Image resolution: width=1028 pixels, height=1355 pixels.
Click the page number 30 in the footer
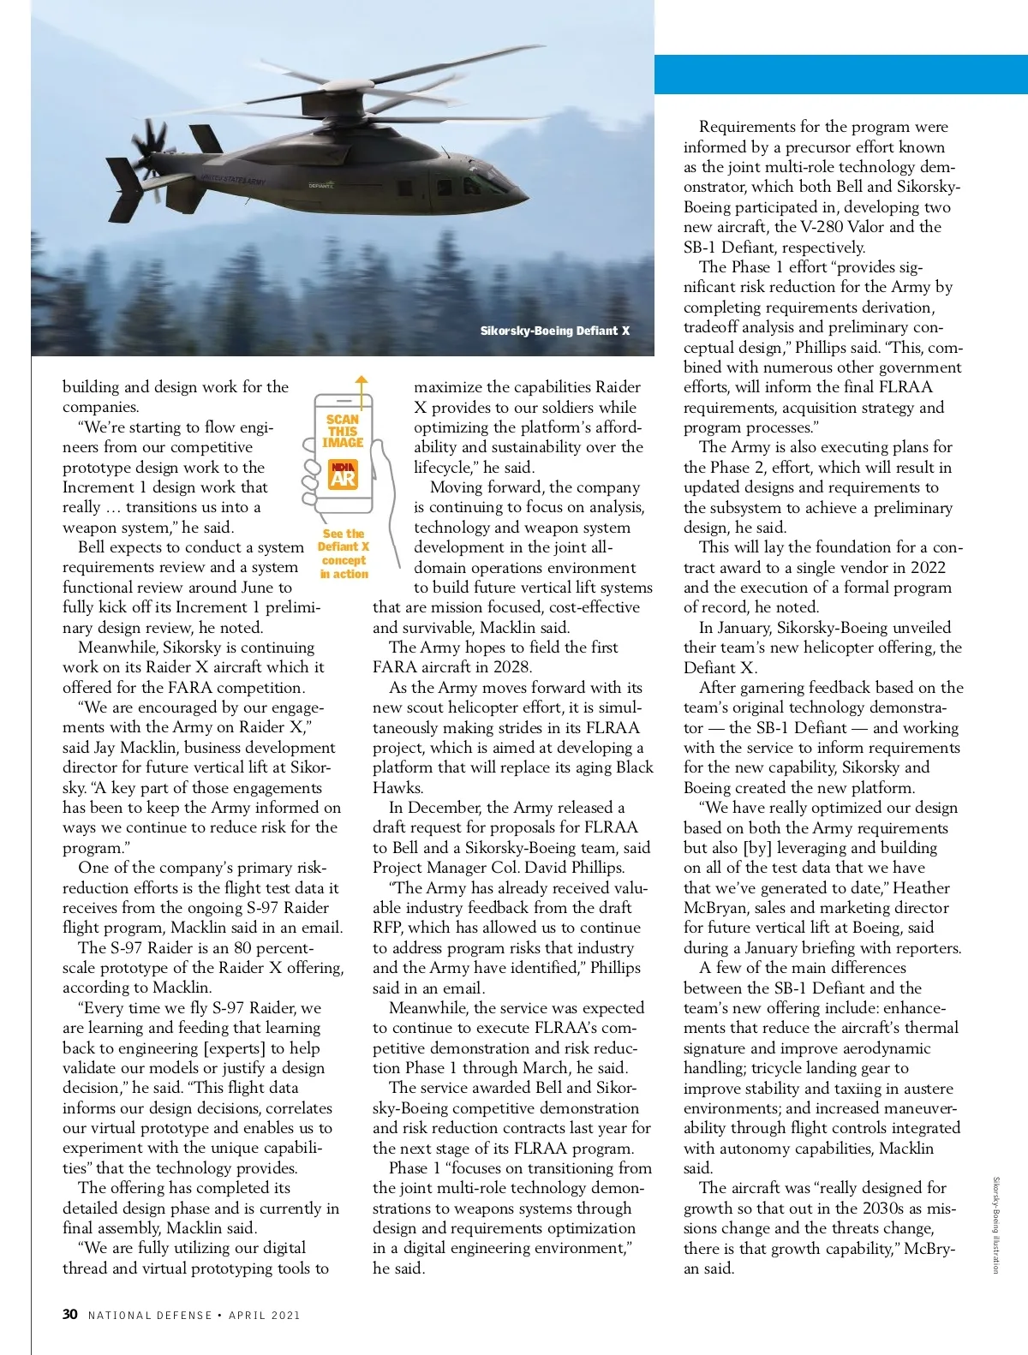click(70, 1314)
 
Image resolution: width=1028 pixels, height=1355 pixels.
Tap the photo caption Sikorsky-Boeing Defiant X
click(554, 331)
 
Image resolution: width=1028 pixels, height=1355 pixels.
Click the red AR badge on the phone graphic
click(343, 475)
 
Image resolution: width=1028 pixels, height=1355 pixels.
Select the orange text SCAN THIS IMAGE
click(343, 431)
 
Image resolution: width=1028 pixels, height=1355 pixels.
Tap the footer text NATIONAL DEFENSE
click(150, 1315)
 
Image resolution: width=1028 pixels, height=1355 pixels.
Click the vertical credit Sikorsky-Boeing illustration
click(995, 1225)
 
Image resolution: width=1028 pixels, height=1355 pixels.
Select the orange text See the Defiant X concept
click(344, 553)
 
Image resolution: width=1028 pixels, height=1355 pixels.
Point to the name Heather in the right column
click(921, 888)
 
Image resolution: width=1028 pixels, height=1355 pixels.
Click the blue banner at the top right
click(840, 75)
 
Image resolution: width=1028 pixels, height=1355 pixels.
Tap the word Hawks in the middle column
click(397, 787)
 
